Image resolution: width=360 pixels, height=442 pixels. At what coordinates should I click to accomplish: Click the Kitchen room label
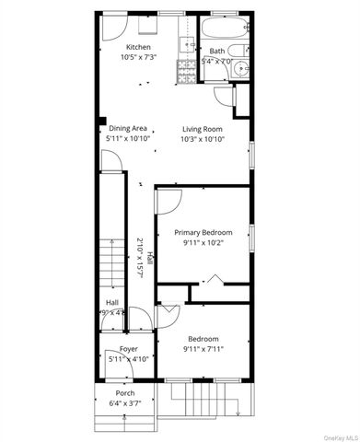coord(138,47)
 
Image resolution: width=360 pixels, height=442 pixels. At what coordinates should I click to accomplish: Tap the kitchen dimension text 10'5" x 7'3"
coord(138,58)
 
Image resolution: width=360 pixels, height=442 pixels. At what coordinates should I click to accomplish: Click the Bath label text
coord(217,52)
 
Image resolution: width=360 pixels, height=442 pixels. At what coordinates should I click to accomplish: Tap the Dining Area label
coord(128,128)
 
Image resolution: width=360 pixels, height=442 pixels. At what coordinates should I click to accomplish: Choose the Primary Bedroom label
coord(203,232)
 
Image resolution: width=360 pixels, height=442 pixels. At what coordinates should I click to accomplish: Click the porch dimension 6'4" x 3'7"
coord(125,402)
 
